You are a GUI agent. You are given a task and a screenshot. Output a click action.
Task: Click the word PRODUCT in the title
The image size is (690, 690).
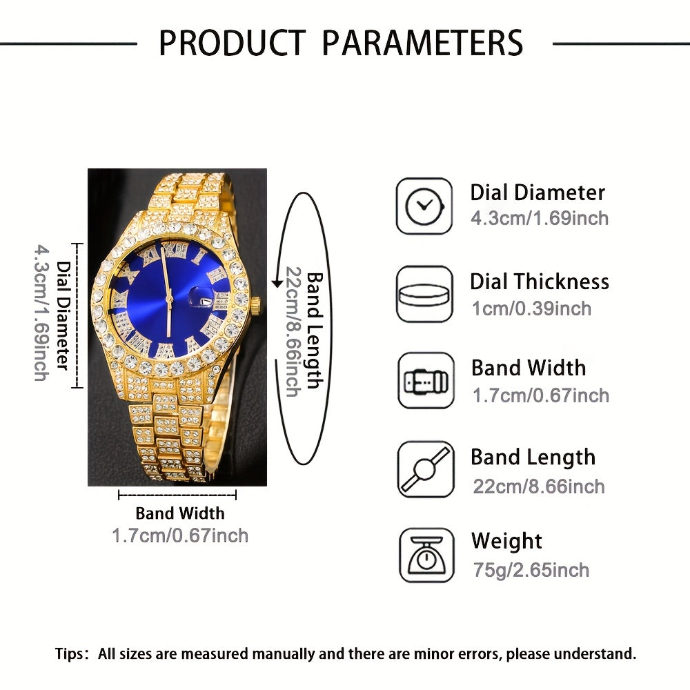(232, 43)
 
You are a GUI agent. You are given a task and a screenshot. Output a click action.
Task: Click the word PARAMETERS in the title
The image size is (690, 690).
(422, 43)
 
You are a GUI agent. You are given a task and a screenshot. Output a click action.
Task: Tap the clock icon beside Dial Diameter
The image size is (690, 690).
(424, 206)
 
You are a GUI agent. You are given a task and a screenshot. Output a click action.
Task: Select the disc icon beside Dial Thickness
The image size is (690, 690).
(424, 294)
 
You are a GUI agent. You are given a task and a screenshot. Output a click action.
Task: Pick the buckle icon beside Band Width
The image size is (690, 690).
(426, 381)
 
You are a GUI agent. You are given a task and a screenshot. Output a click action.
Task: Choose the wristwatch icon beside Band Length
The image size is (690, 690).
(426, 469)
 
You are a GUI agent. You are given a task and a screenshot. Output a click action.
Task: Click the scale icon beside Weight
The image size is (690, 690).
(426, 555)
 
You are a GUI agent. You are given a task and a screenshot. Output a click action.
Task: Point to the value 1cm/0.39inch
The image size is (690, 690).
(531, 308)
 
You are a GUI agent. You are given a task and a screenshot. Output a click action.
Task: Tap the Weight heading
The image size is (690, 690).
(506, 541)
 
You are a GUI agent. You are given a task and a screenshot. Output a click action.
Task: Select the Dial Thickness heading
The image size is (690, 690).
(540, 282)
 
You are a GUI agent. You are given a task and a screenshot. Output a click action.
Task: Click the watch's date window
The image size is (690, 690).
(206, 301)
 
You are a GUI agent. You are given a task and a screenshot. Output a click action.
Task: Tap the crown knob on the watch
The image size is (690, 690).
(256, 303)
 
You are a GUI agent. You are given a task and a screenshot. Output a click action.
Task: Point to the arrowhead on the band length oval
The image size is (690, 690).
(277, 282)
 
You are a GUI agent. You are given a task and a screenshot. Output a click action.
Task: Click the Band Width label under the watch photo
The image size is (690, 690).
(180, 513)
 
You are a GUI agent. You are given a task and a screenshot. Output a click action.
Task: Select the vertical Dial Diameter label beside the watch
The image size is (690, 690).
(63, 315)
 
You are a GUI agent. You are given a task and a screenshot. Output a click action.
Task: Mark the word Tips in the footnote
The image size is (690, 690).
(68, 653)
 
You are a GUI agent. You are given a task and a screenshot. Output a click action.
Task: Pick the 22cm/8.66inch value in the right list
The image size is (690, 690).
(539, 486)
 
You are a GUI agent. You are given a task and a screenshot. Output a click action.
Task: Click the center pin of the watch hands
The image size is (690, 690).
(169, 299)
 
